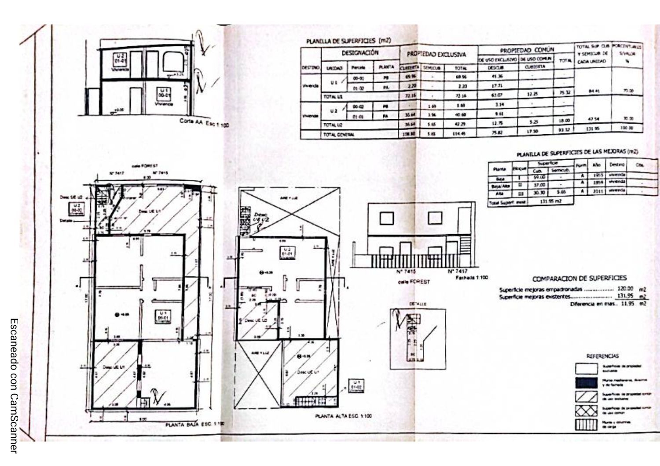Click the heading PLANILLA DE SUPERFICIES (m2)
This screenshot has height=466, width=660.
click(348, 41)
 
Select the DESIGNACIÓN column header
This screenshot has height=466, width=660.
click(360, 53)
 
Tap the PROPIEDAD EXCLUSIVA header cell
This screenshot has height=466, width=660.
click(436, 55)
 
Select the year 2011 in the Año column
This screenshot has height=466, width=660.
click(598, 191)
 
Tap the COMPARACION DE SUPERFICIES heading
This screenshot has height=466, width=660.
click(579, 279)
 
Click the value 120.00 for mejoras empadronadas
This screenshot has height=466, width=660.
click(625, 289)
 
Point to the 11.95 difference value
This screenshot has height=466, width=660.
click(627, 304)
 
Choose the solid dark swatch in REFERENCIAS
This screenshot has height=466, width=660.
click(587, 382)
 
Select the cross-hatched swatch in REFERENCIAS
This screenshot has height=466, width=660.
click(587, 411)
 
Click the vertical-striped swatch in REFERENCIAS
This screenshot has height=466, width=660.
click(587, 425)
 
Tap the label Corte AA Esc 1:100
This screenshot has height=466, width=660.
click(204, 122)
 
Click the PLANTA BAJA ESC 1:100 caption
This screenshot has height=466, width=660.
click(194, 424)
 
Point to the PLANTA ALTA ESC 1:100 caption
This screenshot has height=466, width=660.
click(343, 416)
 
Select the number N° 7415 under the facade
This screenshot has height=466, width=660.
click(406, 272)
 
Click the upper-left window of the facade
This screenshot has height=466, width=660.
click(386, 218)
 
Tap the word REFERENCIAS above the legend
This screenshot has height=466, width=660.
click(602, 356)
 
